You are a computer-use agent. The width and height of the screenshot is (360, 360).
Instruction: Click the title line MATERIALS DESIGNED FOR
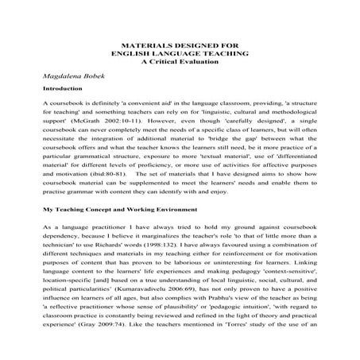point(180,45)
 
